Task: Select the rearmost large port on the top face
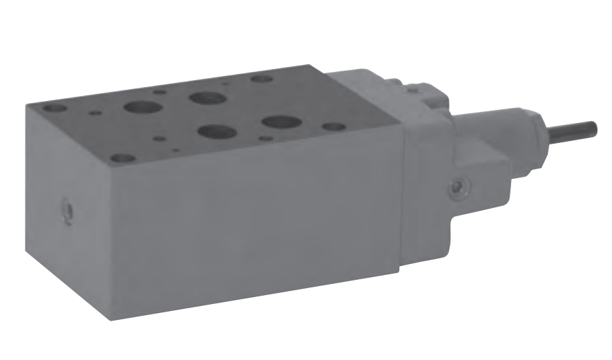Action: point(207,97)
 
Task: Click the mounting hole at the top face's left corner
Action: point(54,108)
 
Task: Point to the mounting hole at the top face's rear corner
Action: point(261,78)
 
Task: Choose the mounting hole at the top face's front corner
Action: point(123,158)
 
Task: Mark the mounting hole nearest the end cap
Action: point(334,127)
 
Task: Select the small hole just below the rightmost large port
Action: point(265,138)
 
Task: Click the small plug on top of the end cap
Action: point(412,87)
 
